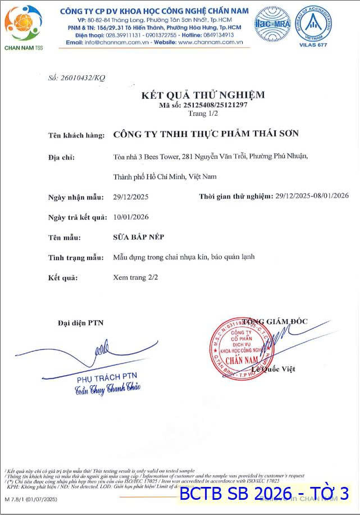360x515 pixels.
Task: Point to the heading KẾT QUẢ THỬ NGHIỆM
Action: click(x=203, y=95)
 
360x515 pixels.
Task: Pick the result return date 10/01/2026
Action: click(x=131, y=217)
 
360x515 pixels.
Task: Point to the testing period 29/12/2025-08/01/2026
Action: click(x=312, y=196)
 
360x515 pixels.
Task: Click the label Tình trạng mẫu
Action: click(x=76, y=257)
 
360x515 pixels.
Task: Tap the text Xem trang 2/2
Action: click(x=135, y=277)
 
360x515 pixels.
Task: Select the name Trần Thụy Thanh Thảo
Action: click(x=107, y=387)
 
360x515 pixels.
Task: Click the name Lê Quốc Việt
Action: click(x=274, y=369)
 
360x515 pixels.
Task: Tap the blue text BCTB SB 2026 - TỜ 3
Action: click(x=264, y=494)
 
